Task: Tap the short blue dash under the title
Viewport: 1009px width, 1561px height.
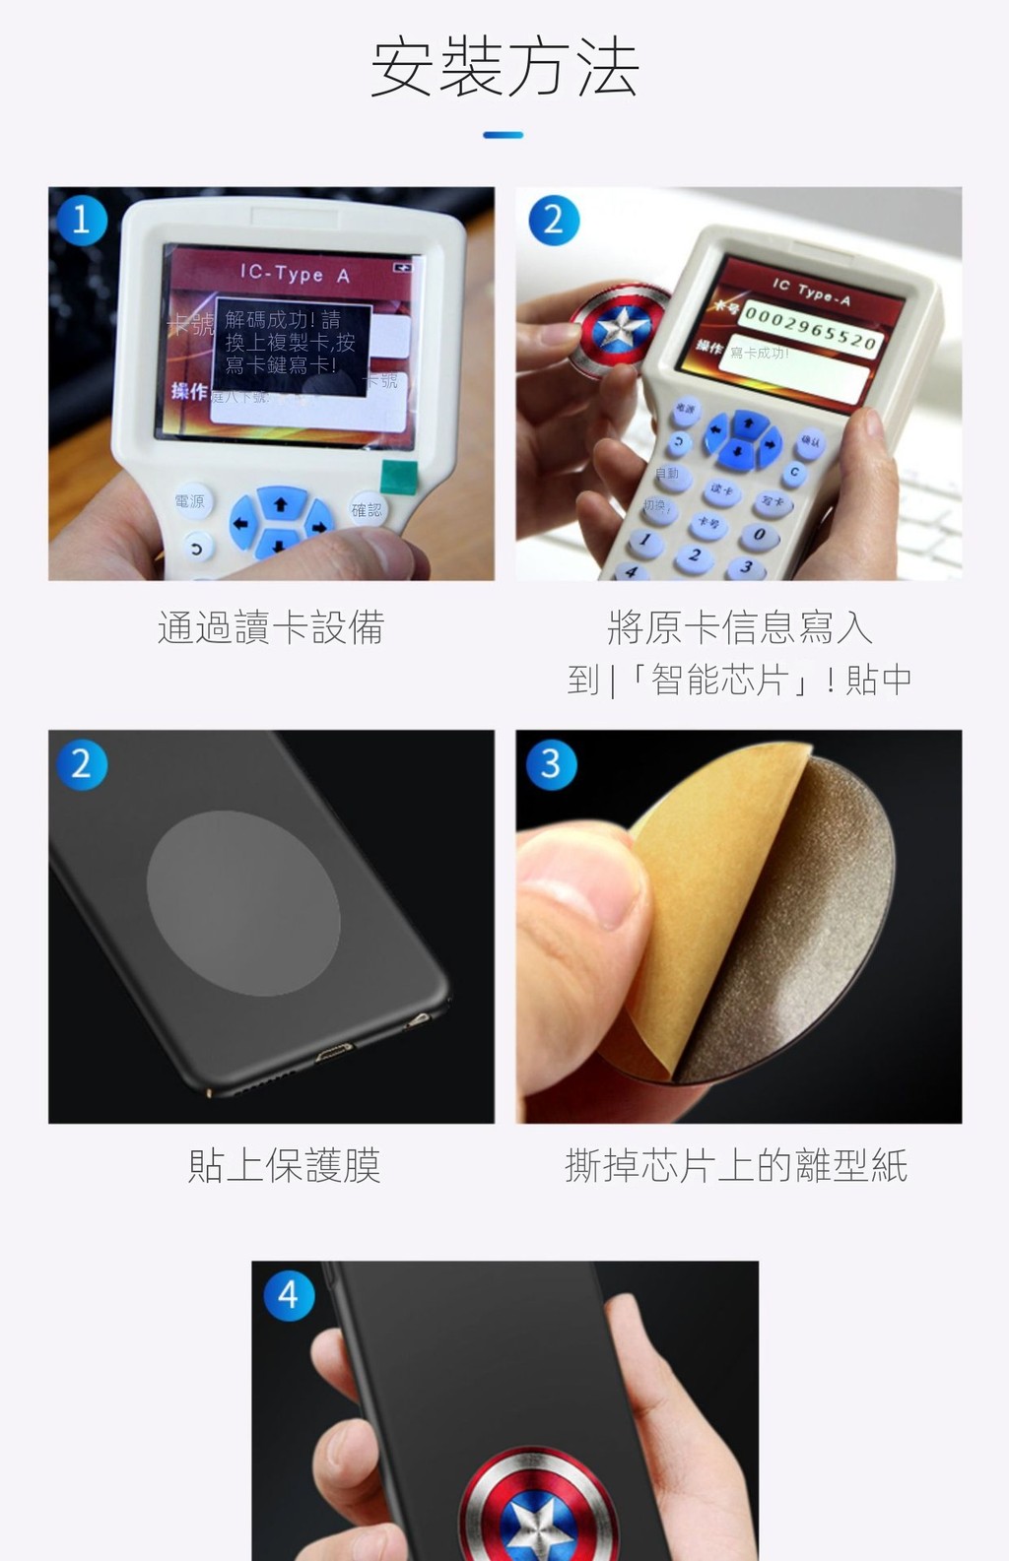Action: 504,135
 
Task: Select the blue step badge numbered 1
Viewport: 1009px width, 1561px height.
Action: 82,219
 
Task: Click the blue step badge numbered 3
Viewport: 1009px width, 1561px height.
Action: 551,763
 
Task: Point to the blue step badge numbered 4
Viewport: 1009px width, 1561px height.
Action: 288,1294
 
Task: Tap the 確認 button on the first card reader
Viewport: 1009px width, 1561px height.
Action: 367,509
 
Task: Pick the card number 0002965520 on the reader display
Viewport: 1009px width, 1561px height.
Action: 809,327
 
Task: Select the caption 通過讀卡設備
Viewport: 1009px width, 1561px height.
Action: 271,627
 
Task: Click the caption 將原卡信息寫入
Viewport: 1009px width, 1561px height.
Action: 739,627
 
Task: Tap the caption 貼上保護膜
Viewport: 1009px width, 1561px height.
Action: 284,1165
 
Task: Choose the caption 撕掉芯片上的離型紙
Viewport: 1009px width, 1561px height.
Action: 736,1165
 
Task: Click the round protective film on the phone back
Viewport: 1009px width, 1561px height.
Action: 243,905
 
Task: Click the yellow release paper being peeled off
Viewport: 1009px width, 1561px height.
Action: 690,886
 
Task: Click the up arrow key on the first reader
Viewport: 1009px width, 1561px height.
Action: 281,504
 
